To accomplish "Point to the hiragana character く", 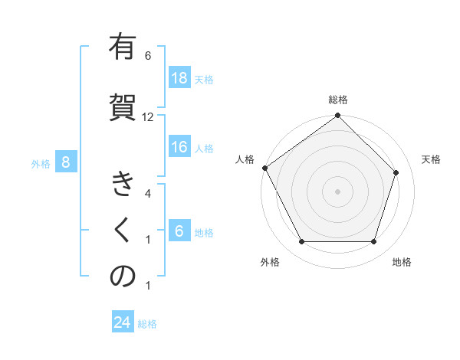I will click(123, 231).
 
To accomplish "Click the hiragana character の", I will click(123, 277).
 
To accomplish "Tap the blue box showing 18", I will click(179, 78).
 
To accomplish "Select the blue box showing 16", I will click(179, 147).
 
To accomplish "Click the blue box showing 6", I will click(179, 231).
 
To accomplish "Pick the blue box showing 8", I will click(66, 162).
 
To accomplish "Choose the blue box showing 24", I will click(123, 322).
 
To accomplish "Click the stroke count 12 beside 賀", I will click(148, 117).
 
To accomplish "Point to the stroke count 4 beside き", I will click(148, 194).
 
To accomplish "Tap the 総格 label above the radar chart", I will click(338, 100).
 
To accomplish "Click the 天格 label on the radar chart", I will click(431, 159).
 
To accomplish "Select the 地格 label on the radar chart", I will click(402, 263).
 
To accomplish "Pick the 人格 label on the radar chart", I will click(245, 159).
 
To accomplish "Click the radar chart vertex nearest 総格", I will click(338, 116).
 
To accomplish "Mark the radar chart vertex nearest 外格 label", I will click(301, 242).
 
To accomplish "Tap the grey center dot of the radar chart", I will click(338, 191).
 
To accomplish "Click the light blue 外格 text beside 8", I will click(40, 163).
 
